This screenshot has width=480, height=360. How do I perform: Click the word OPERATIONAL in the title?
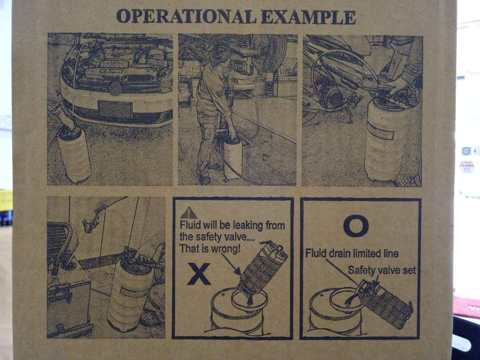point(186,16)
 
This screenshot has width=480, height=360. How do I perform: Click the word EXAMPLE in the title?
point(308,17)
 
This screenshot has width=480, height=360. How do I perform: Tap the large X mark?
point(199,274)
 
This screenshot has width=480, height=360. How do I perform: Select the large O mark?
point(356,226)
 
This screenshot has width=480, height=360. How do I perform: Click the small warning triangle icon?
point(188,213)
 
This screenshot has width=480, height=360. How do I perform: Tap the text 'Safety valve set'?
point(382,270)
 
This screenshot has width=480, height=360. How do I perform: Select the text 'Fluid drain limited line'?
point(352,253)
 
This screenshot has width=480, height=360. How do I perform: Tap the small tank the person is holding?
point(232,158)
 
